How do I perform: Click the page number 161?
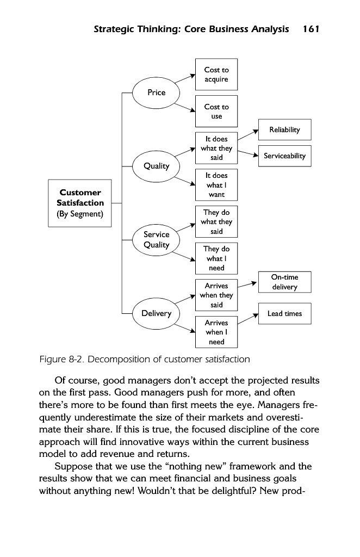tap(311, 29)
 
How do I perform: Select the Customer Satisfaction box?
tap(80, 203)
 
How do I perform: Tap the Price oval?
tap(157, 92)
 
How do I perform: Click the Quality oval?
tap(157, 166)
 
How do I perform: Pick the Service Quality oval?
tap(157, 239)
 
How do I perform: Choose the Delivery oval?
tap(157, 313)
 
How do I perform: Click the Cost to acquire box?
tap(216, 75)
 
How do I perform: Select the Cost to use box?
tap(216, 112)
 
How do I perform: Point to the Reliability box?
tap(284, 129)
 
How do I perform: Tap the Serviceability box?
tap(284, 156)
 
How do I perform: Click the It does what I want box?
tap(216, 185)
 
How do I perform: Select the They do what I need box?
tap(216, 258)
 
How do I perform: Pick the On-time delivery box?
tap(284, 282)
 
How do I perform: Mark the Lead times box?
tap(284, 314)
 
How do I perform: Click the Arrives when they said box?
tap(216, 295)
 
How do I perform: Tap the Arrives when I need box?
tap(216, 332)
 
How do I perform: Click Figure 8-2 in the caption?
tap(61, 360)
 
